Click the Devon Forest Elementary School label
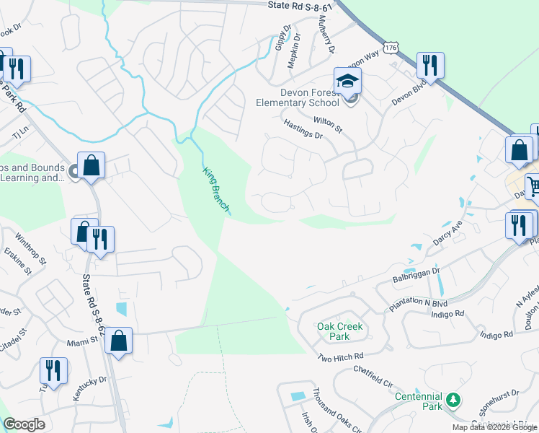click(318, 97)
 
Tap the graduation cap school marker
click(347, 81)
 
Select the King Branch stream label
click(215, 188)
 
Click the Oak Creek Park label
click(340, 331)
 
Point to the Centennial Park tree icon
click(453, 399)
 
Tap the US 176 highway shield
click(391, 47)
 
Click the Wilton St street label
click(327, 123)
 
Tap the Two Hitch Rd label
click(341, 357)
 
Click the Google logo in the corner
click(24, 424)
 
